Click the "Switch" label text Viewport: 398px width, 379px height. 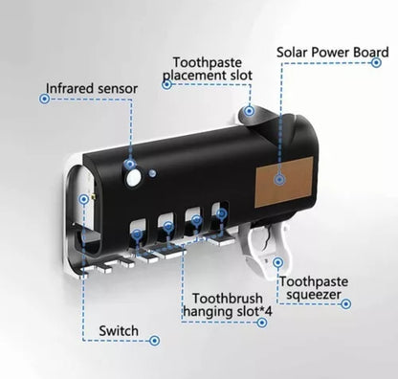point(119,331)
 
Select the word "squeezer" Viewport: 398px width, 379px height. point(308,296)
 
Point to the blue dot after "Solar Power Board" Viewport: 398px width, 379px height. point(378,65)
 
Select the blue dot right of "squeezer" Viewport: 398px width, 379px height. point(346,303)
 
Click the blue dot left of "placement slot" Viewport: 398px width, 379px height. point(166,83)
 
